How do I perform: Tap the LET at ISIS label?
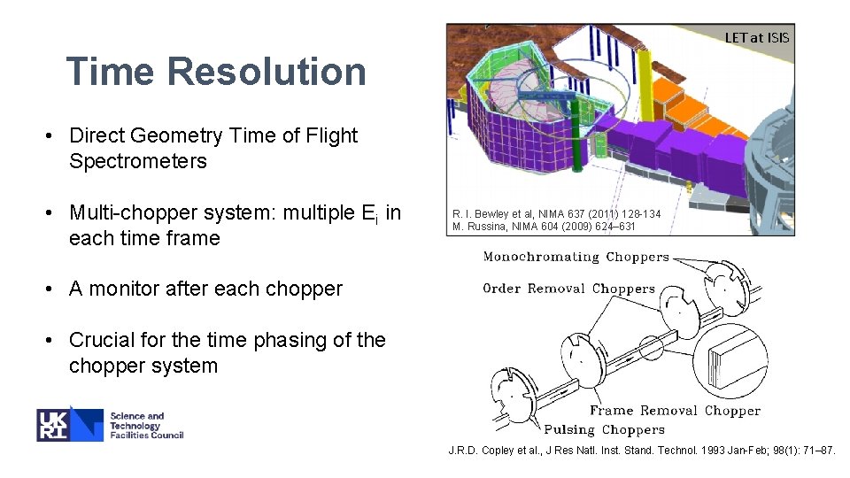pyautogui.click(x=756, y=37)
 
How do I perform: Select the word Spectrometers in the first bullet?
pyautogui.click(x=137, y=161)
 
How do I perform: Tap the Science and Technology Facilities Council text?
pyautogui.click(x=146, y=425)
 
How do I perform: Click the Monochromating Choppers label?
pyautogui.click(x=576, y=258)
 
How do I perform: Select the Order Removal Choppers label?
pyautogui.click(x=568, y=289)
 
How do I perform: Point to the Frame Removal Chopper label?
pyautogui.click(x=675, y=411)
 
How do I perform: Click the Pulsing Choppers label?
pyautogui.click(x=605, y=430)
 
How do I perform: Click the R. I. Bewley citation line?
pyautogui.click(x=556, y=214)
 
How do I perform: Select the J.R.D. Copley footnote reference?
pyautogui.click(x=641, y=451)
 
